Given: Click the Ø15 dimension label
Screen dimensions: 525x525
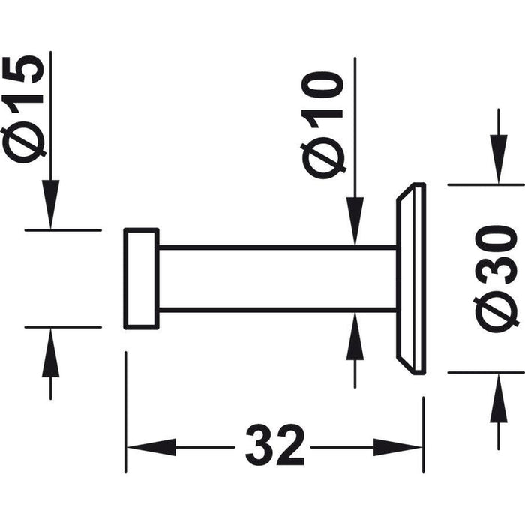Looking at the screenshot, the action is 22,109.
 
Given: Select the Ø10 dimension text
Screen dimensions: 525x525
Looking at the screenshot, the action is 323,124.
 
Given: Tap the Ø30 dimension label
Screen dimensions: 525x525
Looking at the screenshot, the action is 496,278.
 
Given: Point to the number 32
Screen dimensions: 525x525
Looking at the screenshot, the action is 275,445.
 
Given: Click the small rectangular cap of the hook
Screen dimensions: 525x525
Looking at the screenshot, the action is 141,278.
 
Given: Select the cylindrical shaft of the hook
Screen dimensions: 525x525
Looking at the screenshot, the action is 277,278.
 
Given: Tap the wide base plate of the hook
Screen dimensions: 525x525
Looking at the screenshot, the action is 411,278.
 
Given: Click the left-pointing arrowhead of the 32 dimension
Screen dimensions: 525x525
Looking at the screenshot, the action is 151,447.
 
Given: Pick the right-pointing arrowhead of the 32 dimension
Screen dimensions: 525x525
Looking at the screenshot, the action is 397,447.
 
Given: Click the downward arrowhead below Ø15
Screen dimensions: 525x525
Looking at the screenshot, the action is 50,204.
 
